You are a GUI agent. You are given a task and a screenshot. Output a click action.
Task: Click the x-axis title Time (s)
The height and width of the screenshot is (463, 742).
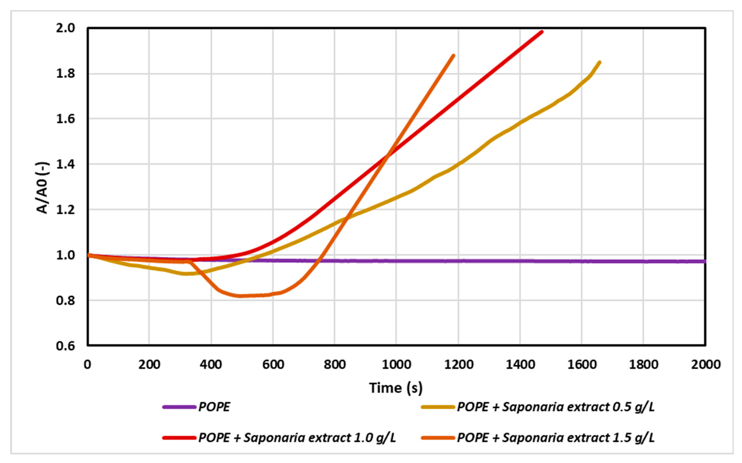pos(396,388)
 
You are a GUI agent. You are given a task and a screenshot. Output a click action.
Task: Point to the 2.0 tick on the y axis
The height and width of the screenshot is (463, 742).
pos(65,28)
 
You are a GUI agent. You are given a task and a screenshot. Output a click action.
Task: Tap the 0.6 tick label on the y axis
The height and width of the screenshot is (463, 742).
pos(65,346)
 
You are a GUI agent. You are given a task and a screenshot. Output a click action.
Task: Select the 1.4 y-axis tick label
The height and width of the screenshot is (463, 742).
pos(65,164)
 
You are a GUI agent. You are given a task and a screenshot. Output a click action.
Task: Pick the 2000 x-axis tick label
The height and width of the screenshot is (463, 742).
pos(705,365)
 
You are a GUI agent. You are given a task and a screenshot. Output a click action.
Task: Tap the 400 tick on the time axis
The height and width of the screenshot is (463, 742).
pos(211,365)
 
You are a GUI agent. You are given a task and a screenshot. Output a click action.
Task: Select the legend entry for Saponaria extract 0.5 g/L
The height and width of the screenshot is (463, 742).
pos(556,407)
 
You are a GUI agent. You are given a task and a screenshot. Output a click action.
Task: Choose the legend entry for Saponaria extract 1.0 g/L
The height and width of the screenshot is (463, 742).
pos(297,437)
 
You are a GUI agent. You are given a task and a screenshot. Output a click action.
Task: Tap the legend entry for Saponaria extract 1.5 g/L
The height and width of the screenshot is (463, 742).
pos(556,437)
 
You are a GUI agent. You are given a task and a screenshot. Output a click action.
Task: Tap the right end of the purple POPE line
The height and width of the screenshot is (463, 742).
pos(705,261)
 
